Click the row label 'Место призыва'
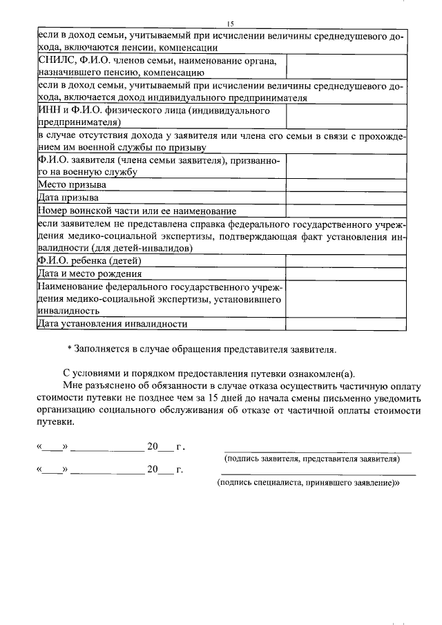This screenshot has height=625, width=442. point(72,185)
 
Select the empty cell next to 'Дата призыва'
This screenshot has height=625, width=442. point(347,198)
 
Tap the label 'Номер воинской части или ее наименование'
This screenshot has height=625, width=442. point(137,211)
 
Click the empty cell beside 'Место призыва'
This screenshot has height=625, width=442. point(347,185)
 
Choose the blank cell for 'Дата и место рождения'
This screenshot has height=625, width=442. point(347,273)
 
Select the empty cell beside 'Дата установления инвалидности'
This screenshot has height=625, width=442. point(347,323)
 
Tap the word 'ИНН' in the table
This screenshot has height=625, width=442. point(49,110)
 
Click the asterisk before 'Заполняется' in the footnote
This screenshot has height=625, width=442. point(69,349)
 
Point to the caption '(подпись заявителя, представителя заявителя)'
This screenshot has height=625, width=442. point(311,459)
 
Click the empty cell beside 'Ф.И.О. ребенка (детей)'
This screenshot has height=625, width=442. point(347,260)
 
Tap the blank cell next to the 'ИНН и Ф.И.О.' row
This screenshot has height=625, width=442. point(347,117)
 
